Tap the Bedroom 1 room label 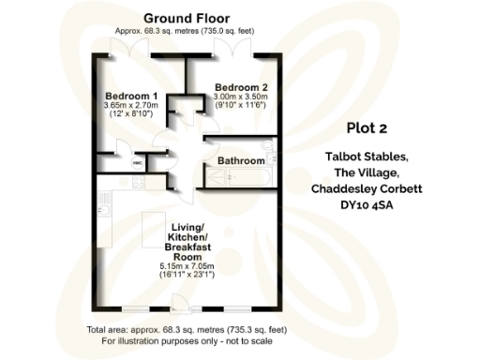(130, 97)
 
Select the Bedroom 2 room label (241, 87)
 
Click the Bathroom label (242, 161)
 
